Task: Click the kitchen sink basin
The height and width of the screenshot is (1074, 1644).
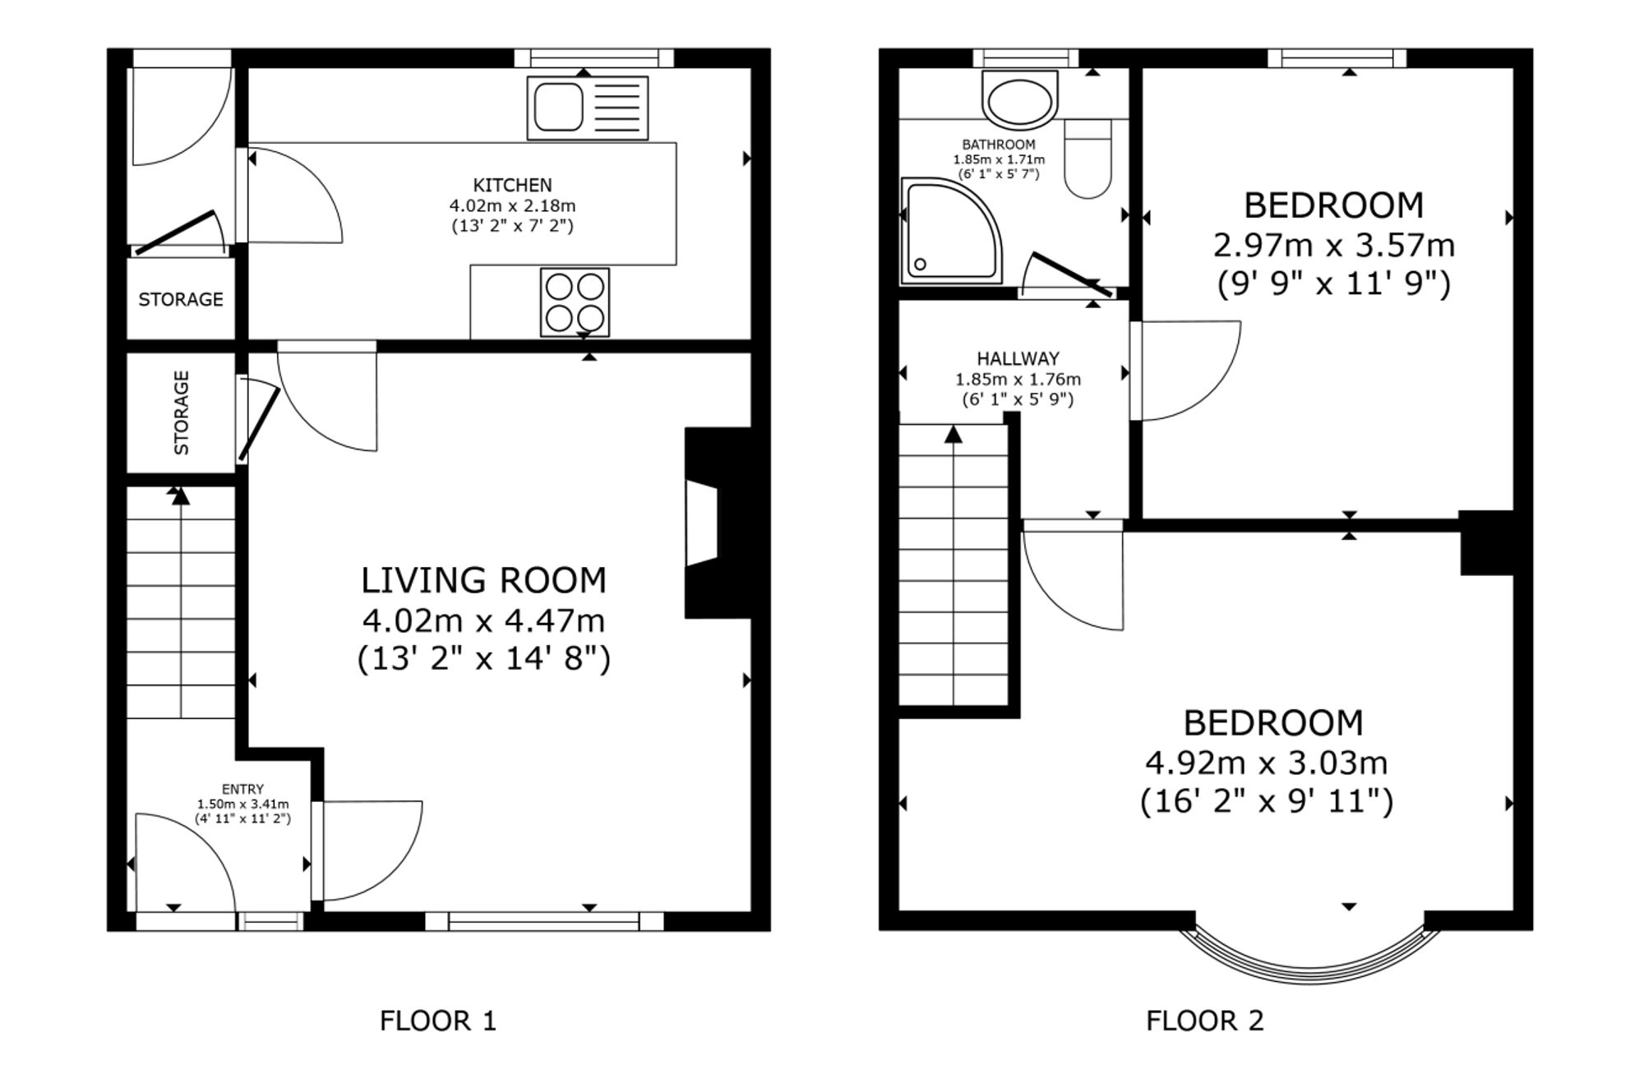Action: pyautogui.click(x=559, y=108)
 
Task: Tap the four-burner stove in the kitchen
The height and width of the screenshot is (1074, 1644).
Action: pyautogui.click(x=575, y=302)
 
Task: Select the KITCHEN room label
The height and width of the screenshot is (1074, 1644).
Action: pyautogui.click(x=512, y=185)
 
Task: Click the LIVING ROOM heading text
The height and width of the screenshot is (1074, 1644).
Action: pyautogui.click(x=484, y=580)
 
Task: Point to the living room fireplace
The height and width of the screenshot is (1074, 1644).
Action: pyautogui.click(x=717, y=523)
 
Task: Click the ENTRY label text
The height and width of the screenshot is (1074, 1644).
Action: pyautogui.click(x=242, y=790)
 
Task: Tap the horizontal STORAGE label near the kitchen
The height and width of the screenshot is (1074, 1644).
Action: pyautogui.click(x=181, y=299)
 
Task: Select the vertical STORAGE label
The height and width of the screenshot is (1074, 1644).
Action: pyautogui.click(x=182, y=413)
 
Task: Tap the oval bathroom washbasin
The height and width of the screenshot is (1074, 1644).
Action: pyautogui.click(x=1019, y=101)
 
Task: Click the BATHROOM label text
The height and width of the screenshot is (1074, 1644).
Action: pyautogui.click(x=999, y=145)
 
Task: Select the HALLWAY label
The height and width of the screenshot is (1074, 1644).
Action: pyautogui.click(x=1018, y=358)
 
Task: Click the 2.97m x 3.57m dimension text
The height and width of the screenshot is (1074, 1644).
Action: pyautogui.click(x=1333, y=245)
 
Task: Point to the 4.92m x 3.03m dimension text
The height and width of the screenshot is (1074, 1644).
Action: pyautogui.click(x=1267, y=763)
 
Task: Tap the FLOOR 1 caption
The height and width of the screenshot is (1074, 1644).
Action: pyautogui.click(x=438, y=1021)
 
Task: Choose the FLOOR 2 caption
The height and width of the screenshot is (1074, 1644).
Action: pyautogui.click(x=1205, y=1021)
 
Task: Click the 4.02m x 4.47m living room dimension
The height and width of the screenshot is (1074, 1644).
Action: pyautogui.click(x=483, y=620)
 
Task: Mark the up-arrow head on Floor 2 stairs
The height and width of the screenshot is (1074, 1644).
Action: pyautogui.click(x=954, y=434)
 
